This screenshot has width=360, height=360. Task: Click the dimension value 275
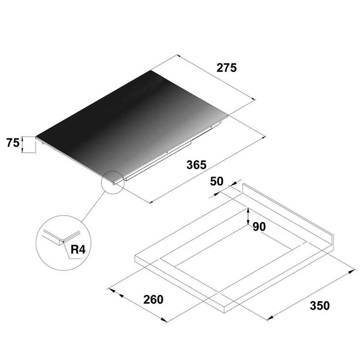[x=226, y=68]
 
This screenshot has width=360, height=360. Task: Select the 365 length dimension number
[x=197, y=165]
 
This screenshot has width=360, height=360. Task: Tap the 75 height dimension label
[x=13, y=143]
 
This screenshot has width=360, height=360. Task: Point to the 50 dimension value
[x=216, y=181]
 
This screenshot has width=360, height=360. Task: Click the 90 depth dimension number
[x=259, y=227]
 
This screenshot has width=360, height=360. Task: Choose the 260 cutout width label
[x=153, y=300]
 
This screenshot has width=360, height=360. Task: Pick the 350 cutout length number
[x=319, y=306]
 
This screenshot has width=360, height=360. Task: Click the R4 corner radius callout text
[x=78, y=250]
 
